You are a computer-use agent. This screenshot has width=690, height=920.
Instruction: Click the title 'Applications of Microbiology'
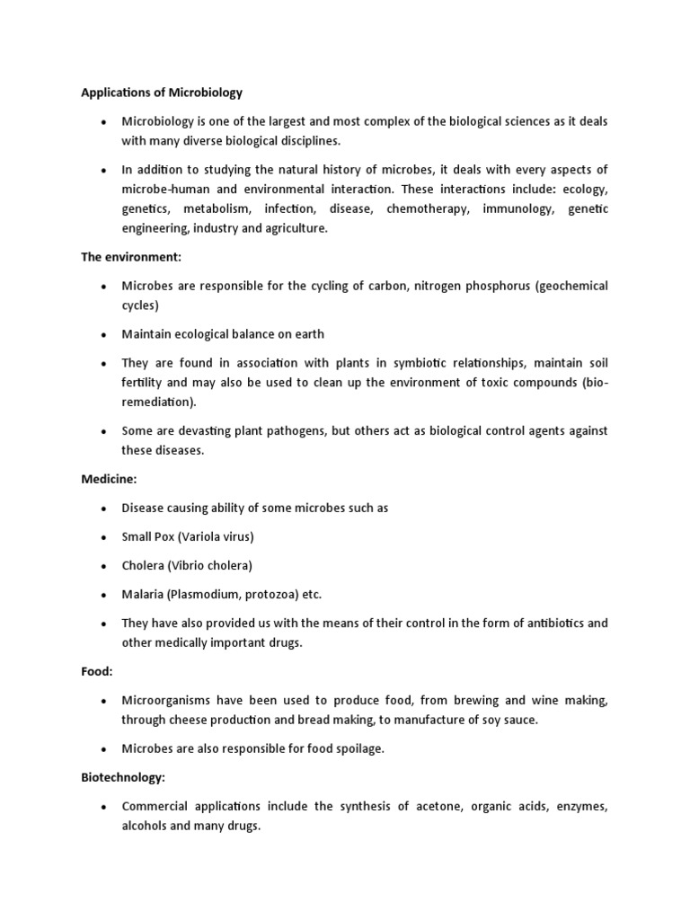162,92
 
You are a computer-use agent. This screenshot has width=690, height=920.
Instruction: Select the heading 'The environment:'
131,257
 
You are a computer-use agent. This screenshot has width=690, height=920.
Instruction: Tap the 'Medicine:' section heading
109,478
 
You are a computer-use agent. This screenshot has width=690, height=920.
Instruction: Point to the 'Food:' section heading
97,671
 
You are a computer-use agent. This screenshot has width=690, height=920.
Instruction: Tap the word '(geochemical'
561,286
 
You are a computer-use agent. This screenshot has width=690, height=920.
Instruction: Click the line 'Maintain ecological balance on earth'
223,334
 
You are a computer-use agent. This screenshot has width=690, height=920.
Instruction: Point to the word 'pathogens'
292,430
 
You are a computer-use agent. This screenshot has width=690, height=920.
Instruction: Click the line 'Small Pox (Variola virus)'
188,536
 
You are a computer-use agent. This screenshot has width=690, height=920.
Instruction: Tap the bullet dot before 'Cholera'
104,566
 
